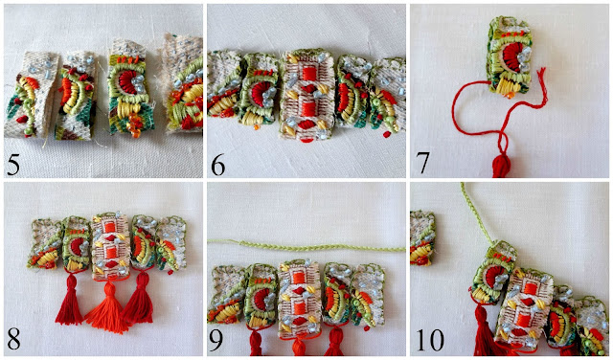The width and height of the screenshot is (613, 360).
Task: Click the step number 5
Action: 12,166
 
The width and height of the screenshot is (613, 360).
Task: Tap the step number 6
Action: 217,166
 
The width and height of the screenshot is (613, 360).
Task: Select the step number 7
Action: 422,163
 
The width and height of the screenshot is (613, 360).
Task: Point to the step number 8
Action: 13,340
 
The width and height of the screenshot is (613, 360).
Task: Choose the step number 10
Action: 430,340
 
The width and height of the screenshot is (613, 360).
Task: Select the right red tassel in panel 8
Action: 139,297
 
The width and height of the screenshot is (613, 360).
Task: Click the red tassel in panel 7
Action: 502,164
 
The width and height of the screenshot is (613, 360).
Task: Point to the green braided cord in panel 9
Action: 306,246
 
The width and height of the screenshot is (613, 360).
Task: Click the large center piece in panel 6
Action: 306,94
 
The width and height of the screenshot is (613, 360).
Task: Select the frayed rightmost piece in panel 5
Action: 183,83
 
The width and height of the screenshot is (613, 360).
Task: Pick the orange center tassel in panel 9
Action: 300,346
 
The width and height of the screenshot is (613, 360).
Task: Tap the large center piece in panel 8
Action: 110,246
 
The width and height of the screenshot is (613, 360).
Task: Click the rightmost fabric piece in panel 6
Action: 386,96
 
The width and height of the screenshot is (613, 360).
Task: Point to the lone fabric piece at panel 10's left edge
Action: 422,238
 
